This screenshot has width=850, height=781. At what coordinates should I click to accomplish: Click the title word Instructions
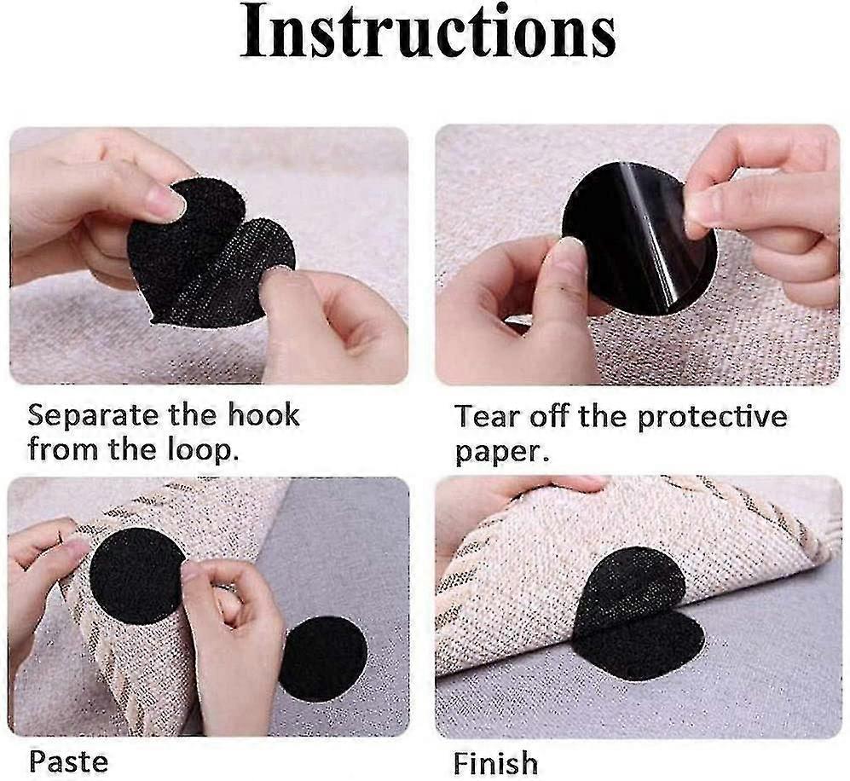pos(427,33)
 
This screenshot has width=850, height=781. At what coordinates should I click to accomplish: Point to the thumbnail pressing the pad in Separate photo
pos(165,204)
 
